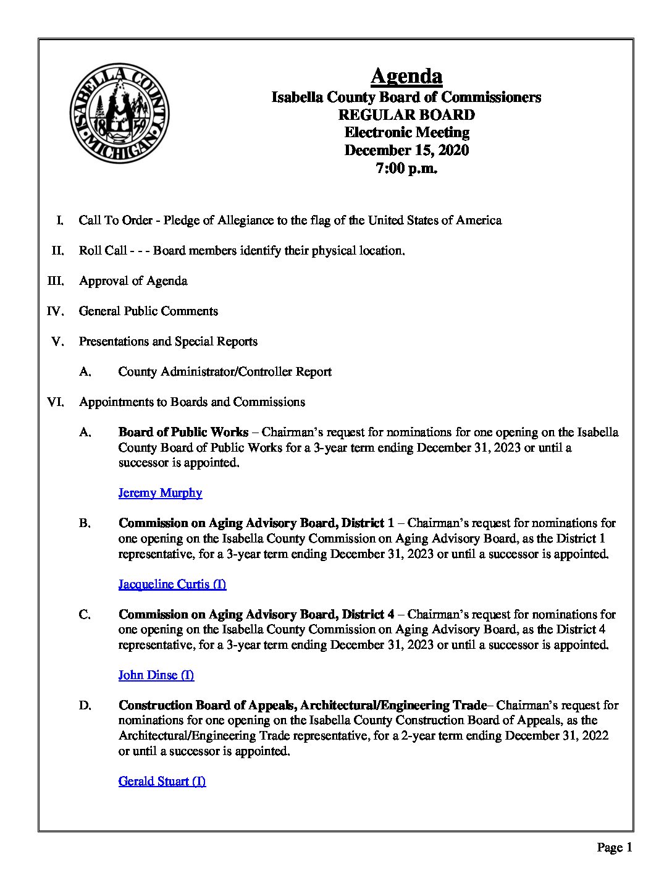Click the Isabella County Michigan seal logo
click(x=119, y=113)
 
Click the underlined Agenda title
click(x=406, y=76)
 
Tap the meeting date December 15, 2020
click(x=406, y=150)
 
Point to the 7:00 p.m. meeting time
click(x=406, y=168)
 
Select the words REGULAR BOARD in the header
click(x=406, y=115)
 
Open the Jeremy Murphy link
click(x=160, y=493)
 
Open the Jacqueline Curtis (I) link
click(x=172, y=584)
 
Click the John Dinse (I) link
click(x=156, y=675)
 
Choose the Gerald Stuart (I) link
click(x=162, y=781)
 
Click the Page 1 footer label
click(x=614, y=847)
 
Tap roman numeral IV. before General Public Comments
click(x=56, y=311)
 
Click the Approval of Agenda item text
click(x=133, y=281)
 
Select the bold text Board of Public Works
click(x=183, y=433)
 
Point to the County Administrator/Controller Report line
click(x=224, y=372)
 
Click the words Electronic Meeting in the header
click(x=406, y=132)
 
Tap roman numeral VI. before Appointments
click(x=56, y=402)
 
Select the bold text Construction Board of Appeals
click(x=208, y=705)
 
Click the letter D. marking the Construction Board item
click(x=85, y=705)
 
